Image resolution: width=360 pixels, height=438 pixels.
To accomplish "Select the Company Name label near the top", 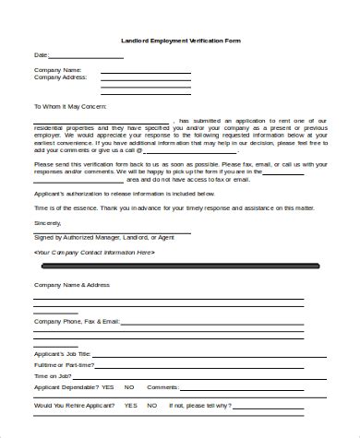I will pyautogui.click(x=57, y=70).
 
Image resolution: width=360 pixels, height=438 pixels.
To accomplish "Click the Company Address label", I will pyautogui.click(x=60, y=77).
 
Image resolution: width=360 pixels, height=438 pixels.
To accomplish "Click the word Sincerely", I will pyautogui.click(x=47, y=223).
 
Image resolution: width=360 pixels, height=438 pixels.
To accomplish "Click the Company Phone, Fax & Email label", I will pyautogui.click(x=77, y=321).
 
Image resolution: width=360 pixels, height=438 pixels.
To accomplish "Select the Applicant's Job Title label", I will pyautogui.click(x=64, y=354).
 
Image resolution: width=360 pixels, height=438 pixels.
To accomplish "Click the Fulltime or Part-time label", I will pyautogui.click(x=65, y=365).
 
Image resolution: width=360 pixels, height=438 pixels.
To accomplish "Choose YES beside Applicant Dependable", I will pyautogui.click(x=109, y=387).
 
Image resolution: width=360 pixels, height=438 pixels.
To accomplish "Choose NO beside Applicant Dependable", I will pyautogui.click(x=129, y=387).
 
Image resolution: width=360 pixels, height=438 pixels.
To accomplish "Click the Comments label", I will pyautogui.click(x=162, y=387).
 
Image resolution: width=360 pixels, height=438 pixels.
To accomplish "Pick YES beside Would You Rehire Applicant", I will pyautogui.click(x=130, y=405).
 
